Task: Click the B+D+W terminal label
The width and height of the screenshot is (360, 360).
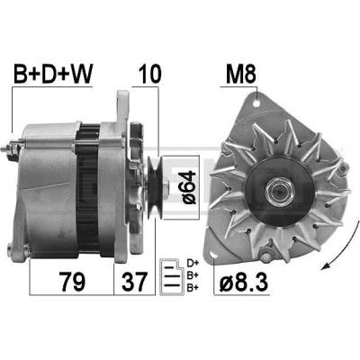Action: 53,74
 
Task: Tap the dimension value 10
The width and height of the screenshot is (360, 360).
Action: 149,74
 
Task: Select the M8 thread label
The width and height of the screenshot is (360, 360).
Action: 241,74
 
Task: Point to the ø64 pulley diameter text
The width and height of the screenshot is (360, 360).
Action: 189,187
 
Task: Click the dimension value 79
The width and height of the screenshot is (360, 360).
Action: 73,282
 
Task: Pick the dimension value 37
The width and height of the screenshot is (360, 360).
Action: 135,282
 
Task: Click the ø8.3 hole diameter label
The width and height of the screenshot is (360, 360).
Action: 243,282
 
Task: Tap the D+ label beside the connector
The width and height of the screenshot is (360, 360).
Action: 193,264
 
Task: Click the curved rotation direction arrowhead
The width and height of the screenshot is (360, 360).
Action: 325,265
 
